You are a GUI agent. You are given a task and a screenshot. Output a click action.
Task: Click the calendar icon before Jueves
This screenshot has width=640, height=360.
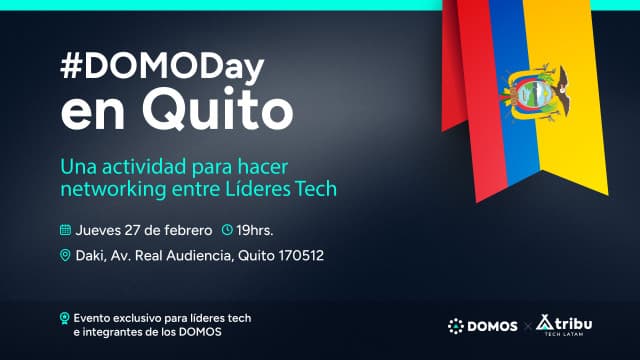(66, 228)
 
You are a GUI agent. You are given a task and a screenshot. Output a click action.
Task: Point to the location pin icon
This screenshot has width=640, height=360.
(66, 256)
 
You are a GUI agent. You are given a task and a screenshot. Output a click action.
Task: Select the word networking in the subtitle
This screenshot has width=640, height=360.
(107, 188)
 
